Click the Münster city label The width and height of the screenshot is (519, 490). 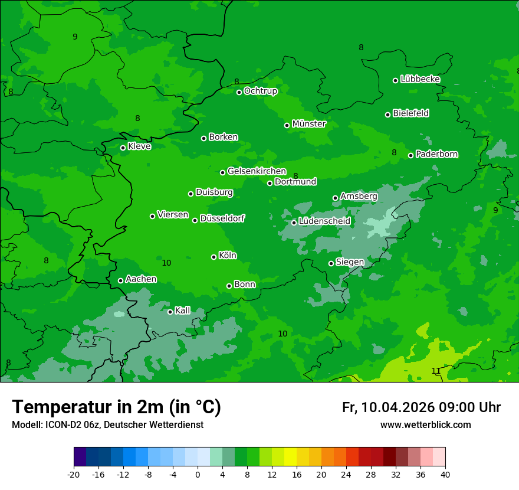pyautogui.click(x=308, y=124)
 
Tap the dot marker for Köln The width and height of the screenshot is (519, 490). pyautogui.click(x=213, y=257)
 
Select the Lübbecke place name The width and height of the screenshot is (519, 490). pyautogui.click(x=420, y=79)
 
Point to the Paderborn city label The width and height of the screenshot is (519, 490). pyautogui.click(x=436, y=154)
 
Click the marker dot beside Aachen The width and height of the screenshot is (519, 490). pyautogui.click(x=120, y=280)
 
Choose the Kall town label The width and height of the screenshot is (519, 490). pyautogui.click(x=182, y=311)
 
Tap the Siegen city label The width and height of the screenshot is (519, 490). pyautogui.click(x=350, y=262)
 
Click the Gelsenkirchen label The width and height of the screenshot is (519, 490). pyautogui.click(x=257, y=171)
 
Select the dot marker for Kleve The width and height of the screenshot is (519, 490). pyautogui.click(x=123, y=148)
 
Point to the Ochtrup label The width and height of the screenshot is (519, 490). pyautogui.click(x=260, y=91)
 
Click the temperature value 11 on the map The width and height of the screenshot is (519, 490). pyautogui.click(x=435, y=371)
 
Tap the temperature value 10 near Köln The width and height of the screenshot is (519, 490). pyautogui.click(x=166, y=263)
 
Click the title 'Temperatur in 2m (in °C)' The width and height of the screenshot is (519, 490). pyautogui.click(x=116, y=407)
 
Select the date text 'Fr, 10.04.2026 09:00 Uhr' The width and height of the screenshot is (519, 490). pyautogui.click(x=421, y=407)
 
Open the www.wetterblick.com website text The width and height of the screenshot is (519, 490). pyautogui.click(x=425, y=424)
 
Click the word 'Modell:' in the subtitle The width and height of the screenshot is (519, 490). pyautogui.click(x=27, y=424)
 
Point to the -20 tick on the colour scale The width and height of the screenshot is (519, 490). pyautogui.click(x=74, y=474)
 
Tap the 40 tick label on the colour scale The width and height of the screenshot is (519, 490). pyautogui.click(x=445, y=474)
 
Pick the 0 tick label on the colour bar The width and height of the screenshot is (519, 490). pyautogui.click(x=198, y=474)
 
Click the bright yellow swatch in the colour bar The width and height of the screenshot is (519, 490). pyautogui.click(x=290, y=457)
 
